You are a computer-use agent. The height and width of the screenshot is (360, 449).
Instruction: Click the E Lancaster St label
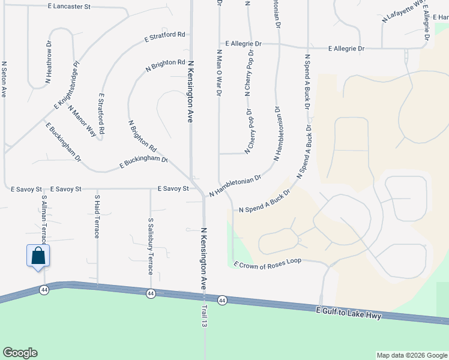69,6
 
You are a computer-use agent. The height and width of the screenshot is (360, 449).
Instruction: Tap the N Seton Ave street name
4,79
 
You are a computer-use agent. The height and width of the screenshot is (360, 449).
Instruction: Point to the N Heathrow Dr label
49,61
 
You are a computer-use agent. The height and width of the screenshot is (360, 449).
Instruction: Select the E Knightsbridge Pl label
67,86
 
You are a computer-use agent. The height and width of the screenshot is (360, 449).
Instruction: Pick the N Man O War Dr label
219,72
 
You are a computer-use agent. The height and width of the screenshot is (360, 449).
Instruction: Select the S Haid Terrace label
97,215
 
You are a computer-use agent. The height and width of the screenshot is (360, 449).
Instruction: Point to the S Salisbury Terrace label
150,246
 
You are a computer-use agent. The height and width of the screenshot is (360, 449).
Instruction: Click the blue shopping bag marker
38,256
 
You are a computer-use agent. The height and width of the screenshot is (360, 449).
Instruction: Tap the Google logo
20,353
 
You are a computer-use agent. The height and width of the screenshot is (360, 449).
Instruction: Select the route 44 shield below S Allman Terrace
44,290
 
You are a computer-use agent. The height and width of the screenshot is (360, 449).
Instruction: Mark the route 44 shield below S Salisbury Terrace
151,293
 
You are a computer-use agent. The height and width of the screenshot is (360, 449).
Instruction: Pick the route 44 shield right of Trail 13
222,300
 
